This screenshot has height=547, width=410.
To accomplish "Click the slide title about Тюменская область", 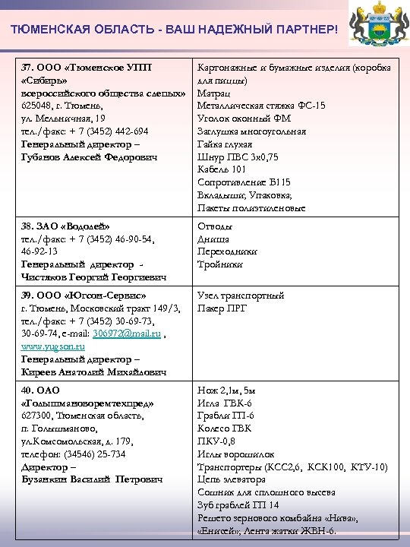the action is pyautogui.click(x=173, y=29).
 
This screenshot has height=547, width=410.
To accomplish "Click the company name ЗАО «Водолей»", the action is pyautogui.click(x=65, y=227).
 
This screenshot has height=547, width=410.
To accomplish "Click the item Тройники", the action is pyautogui.click(x=220, y=264).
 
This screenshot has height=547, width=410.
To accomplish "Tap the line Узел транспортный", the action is pyautogui.click(x=241, y=296).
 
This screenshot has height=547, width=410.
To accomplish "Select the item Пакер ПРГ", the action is pyautogui.click(x=222, y=308).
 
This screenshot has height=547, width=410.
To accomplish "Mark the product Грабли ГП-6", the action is pyautogui.click(x=226, y=416).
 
